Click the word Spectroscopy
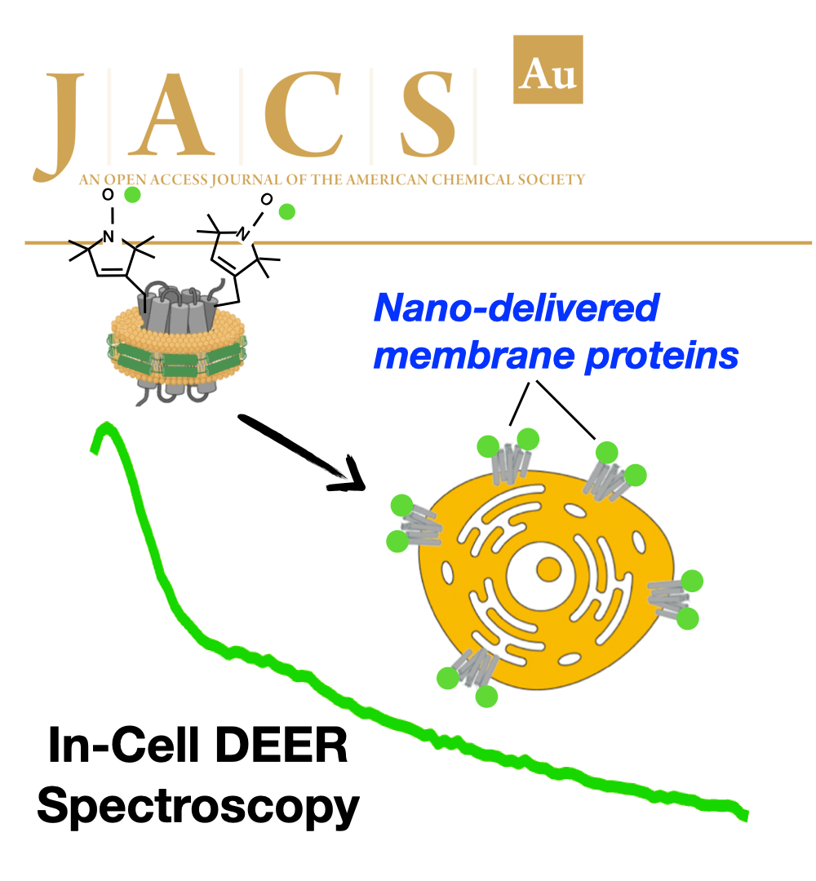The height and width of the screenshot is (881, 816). tap(198, 807)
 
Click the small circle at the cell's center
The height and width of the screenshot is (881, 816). tap(549, 569)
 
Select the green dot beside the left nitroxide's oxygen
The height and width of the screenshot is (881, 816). tap(132, 194)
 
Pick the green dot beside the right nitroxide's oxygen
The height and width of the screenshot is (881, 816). tap(286, 212)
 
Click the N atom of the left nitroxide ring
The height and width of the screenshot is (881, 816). tap(108, 237)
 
